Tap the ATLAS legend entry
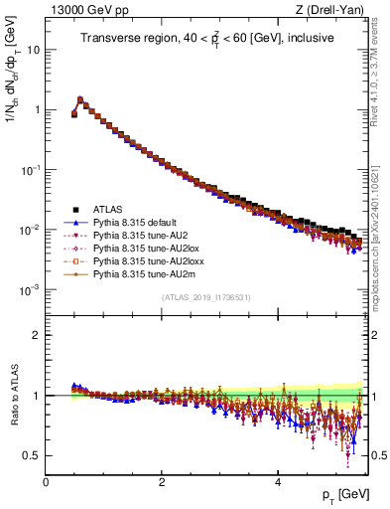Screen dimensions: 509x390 [110, 210]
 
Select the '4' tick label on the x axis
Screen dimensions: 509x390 [277, 482]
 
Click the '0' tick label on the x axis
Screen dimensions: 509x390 [46, 482]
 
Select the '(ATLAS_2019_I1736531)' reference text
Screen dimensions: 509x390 [205, 297]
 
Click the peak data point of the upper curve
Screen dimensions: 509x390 [79, 99]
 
